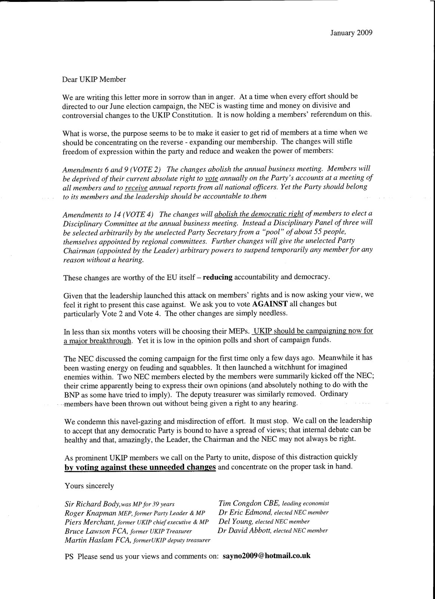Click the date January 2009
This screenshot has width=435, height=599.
tap(351, 33)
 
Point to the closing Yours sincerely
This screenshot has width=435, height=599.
tap(89, 486)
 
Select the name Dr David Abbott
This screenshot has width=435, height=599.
tap(244, 530)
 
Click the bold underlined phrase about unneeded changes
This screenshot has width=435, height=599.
tap(140, 467)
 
